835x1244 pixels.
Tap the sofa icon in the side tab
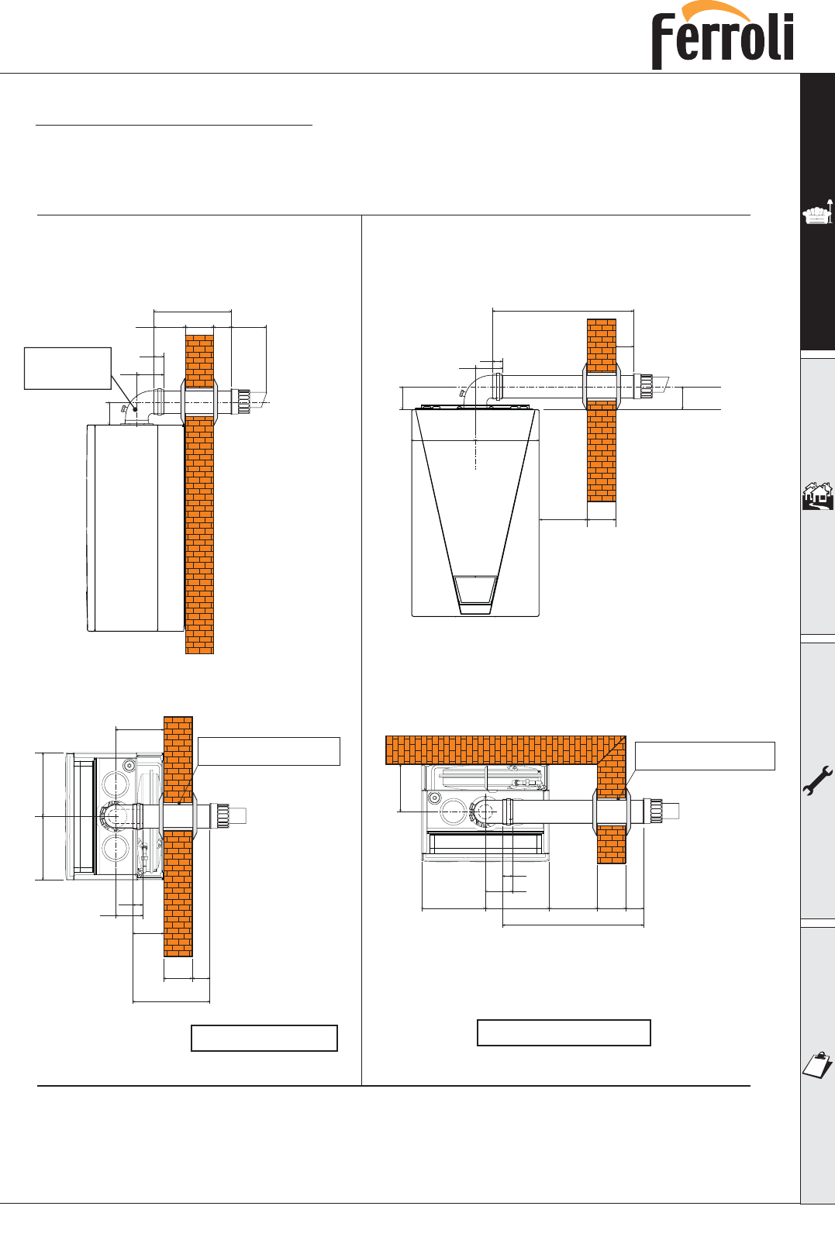tap(818, 212)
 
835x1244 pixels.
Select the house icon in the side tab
tap(818, 496)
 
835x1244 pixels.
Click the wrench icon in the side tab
tap(818, 781)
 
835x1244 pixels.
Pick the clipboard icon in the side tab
tap(818, 1065)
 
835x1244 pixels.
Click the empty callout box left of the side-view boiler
tap(67, 368)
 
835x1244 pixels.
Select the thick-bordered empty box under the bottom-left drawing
tap(264, 1038)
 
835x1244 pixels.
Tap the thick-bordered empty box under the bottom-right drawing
tap(564, 1032)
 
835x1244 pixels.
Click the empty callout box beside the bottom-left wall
tap(269, 751)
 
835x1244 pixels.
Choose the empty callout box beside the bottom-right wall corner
tap(705, 756)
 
